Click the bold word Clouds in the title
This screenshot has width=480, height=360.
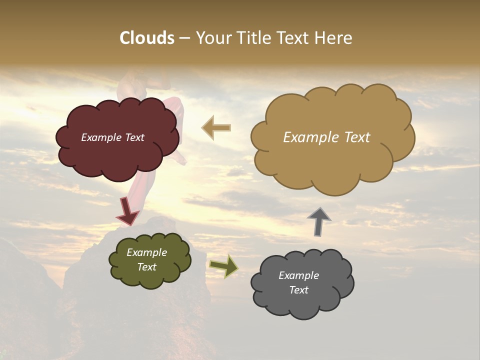147,38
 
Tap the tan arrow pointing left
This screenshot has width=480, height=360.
216,128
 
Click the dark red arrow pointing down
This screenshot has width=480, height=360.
127,211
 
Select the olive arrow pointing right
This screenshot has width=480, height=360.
224,266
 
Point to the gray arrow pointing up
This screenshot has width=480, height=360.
319,221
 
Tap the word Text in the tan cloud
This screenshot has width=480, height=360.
354,137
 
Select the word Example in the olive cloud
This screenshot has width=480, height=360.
146,252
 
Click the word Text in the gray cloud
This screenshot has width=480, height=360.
298,290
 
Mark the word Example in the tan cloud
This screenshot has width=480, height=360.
308,137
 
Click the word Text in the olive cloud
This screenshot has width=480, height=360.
146,267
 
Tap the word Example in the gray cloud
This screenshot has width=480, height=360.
298,275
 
